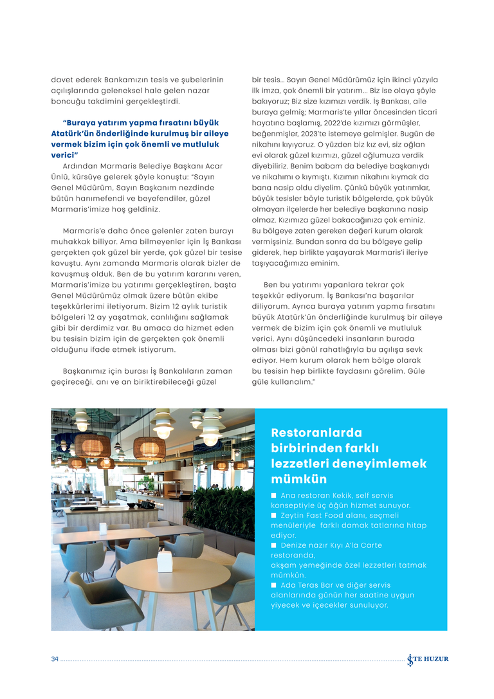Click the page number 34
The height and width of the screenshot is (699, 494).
(x=55, y=659)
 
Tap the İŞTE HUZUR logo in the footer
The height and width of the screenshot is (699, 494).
(x=428, y=659)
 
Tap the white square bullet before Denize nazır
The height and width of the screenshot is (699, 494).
(x=274, y=545)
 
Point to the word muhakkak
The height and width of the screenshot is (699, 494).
(x=69, y=241)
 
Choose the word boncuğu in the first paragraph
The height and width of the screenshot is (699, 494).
(x=68, y=101)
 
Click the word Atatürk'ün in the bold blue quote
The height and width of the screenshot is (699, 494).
(x=70, y=133)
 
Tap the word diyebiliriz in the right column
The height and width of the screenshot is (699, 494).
(x=273, y=165)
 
